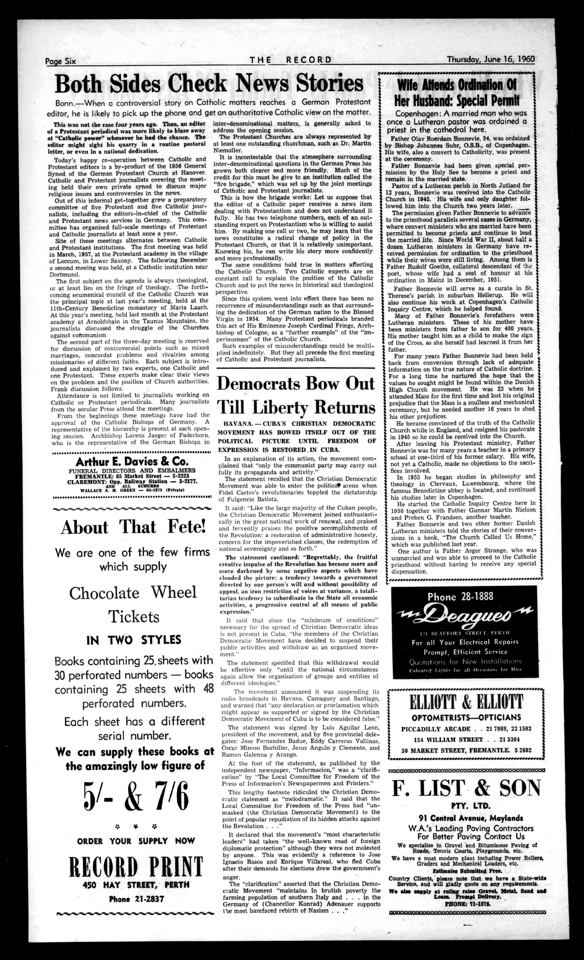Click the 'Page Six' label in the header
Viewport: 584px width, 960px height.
coord(60,61)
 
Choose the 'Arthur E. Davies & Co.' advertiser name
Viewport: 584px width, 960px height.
coord(132,462)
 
